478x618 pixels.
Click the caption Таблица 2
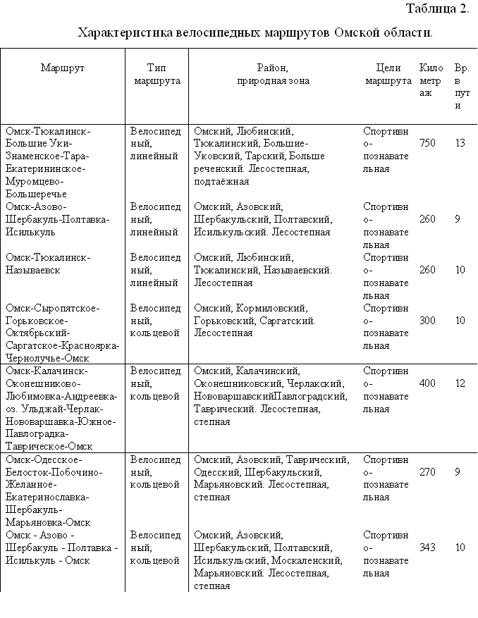pos(437,9)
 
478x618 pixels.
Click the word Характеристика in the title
pos(125,32)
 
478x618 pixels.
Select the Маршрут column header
pos(63,68)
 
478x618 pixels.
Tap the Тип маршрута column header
pos(156,75)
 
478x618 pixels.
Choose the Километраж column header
pos(430,81)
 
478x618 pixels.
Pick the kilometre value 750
pos(427,143)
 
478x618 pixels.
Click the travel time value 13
pos(460,143)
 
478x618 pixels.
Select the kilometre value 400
pos(427,383)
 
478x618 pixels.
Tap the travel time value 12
pos(460,383)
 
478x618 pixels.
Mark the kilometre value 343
pos(427,548)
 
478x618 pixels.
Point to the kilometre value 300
pos(427,321)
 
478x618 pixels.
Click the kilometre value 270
pos(427,472)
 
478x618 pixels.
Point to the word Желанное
pos(27,484)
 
